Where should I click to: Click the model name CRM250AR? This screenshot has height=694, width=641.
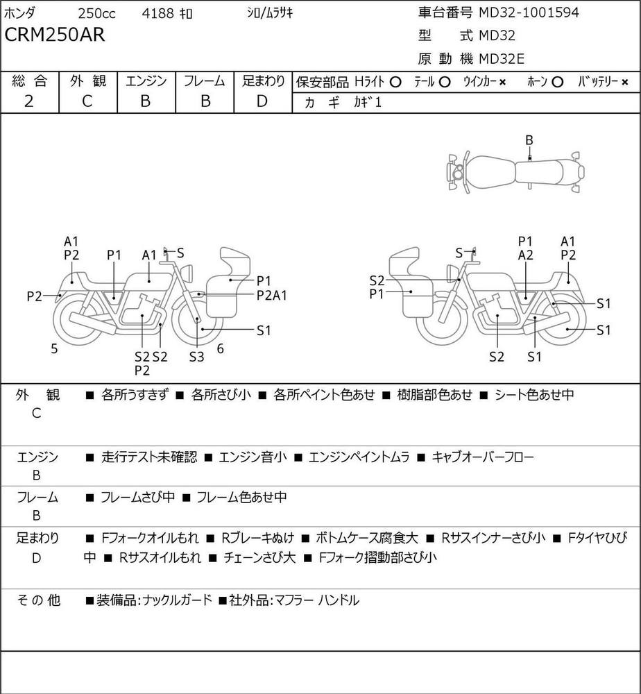pos(55,35)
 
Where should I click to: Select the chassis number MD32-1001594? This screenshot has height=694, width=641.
pos(529,12)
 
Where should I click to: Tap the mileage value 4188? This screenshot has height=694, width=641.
pos(158,13)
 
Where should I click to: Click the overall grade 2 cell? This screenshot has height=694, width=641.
pos(28,101)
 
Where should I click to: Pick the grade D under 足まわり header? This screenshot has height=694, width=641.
pos(262,101)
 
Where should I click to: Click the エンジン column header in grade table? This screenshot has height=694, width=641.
pos(146,81)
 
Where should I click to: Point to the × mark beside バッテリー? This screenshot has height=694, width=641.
pos(624,82)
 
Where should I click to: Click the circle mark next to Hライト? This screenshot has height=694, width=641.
pos(395,82)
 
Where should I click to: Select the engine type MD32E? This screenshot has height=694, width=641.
pos(502,59)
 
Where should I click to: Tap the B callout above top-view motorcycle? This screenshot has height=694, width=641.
pos(529,140)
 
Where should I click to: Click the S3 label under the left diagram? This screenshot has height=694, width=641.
pos(197,357)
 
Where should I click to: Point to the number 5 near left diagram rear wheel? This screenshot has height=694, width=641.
pos(54,349)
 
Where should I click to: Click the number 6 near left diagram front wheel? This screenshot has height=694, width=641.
pos(221,349)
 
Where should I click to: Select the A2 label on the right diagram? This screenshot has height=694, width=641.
pos(526,255)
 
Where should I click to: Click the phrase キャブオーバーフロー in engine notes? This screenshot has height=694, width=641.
pos(483,457)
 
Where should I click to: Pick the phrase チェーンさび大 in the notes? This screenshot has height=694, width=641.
pos(259,557)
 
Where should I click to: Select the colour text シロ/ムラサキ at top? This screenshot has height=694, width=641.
pos(269,13)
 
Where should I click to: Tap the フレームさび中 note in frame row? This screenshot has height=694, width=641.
pos(137,497)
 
